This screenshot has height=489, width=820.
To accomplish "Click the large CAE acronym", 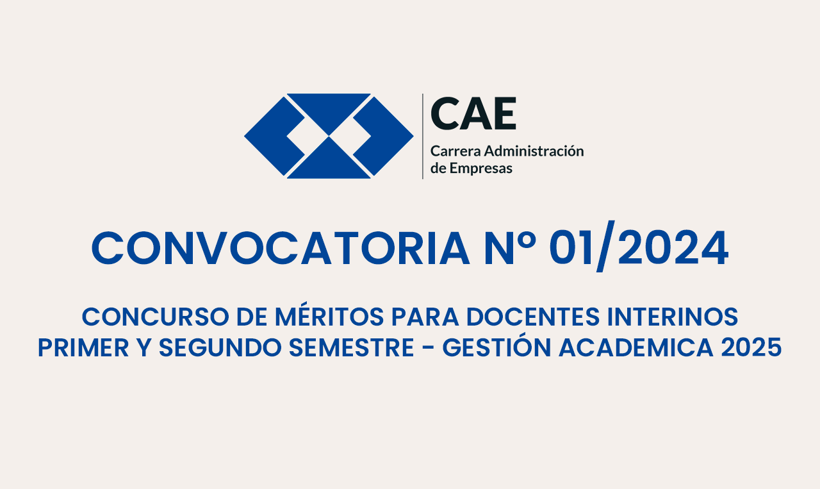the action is tap(473, 113).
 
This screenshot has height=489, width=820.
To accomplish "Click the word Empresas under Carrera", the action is tap(481, 169).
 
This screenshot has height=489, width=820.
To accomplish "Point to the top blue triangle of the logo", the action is tap(329, 109).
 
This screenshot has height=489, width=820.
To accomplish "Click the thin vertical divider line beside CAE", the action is tap(423, 137).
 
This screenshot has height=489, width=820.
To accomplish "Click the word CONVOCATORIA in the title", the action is tap(281, 248).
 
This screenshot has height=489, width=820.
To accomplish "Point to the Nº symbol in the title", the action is tap(511, 247).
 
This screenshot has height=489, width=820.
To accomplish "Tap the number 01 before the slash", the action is tap(570, 247).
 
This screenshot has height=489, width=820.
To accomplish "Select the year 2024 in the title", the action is tap(673, 247).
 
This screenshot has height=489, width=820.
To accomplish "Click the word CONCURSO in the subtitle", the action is tap(156, 317).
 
